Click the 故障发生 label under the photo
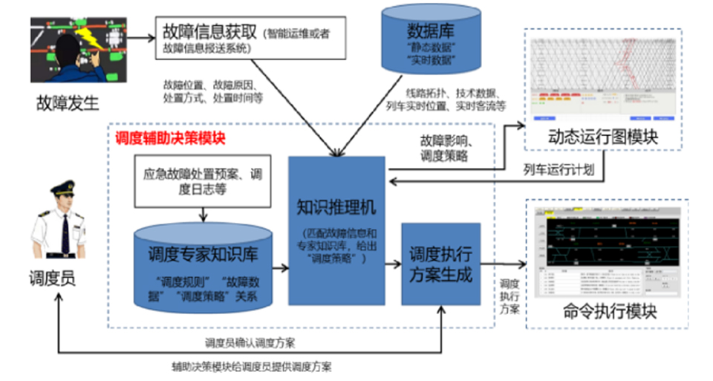click(x=65, y=102)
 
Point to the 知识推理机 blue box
click(x=336, y=229)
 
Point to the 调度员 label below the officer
click(x=52, y=278)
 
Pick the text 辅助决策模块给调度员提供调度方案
click(x=253, y=367)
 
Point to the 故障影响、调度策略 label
click(x=446, y=148)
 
